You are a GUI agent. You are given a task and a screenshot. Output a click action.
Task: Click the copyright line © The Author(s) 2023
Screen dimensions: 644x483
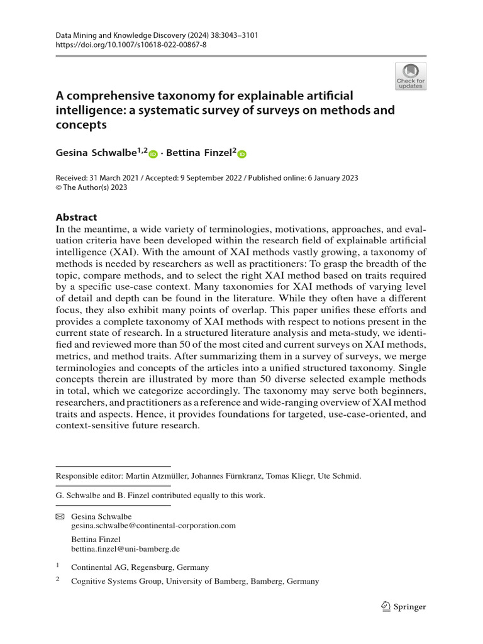[x=92, y=187]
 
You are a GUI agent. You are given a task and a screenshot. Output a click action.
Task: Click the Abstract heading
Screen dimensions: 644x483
[x=77, y=217]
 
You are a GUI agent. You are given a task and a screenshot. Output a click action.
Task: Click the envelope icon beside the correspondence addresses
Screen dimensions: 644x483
[x=60, y=516]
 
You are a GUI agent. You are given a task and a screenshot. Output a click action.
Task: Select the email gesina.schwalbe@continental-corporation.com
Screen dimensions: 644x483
[x=153, y=525]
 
